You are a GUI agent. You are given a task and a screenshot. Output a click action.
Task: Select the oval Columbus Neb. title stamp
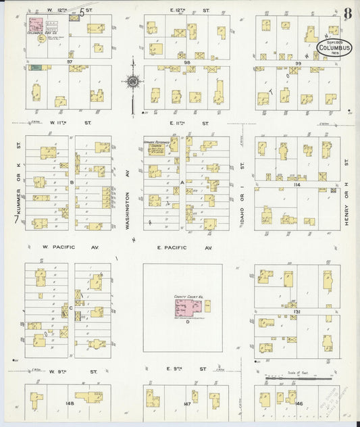pos(335,49)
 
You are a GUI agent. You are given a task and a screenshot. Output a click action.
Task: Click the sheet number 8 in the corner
pos(347,13)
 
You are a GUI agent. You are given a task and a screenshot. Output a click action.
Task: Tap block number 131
pos(297,311)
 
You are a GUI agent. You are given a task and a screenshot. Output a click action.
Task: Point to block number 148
pos(69,404)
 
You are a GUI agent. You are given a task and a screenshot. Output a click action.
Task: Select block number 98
pos(186,62)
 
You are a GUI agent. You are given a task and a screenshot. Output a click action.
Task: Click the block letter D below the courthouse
pos(187,322)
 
